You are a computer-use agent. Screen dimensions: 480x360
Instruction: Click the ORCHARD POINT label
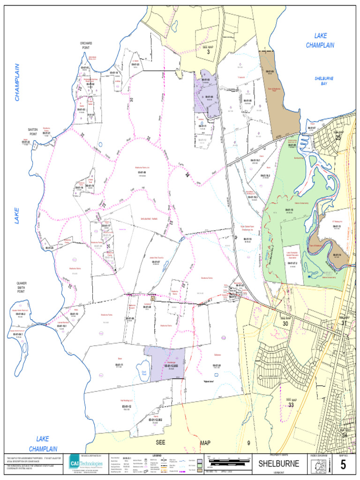[x=86, y=45]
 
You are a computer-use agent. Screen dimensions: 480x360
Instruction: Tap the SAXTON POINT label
[x=33, y=131]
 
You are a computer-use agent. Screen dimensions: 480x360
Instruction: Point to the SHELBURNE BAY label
[x=324, y=81]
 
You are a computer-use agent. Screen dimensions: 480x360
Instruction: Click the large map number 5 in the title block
[x=343, y=465]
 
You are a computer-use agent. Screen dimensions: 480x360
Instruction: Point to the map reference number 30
[x=285, y=322]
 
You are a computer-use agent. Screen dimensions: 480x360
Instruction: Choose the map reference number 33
[x=291, y=404]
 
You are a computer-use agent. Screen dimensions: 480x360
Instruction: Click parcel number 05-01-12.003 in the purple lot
[x=171, y=366]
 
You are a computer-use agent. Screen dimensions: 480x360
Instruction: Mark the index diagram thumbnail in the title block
[x=320, y=465]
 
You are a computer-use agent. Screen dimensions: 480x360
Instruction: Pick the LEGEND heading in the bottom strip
[x=157, y=455]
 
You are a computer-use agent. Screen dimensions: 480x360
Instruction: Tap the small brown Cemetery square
[x=153, y=298]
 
